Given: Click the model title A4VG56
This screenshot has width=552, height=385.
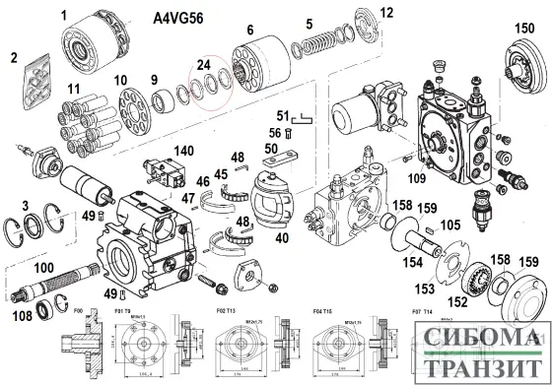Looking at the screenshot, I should tap(179, 18).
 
